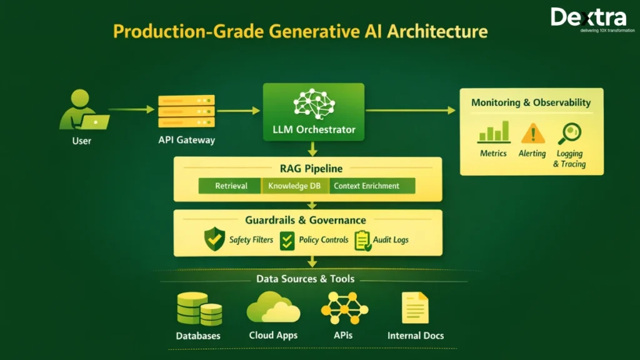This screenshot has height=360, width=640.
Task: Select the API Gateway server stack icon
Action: click(186, 111)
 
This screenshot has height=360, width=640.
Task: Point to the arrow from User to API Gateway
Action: click(131, 109)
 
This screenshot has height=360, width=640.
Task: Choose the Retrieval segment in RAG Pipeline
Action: click(231, 186)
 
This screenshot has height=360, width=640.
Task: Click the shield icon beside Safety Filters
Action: click(214, 239)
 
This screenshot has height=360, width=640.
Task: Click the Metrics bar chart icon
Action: click(493, 132)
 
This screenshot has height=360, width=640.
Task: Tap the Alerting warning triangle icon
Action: click(532, 132)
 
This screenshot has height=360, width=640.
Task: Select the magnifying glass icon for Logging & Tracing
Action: click(569, 133)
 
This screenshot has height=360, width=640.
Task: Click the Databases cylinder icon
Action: click(199, 309)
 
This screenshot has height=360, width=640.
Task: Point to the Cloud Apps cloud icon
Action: click(273, 307)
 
